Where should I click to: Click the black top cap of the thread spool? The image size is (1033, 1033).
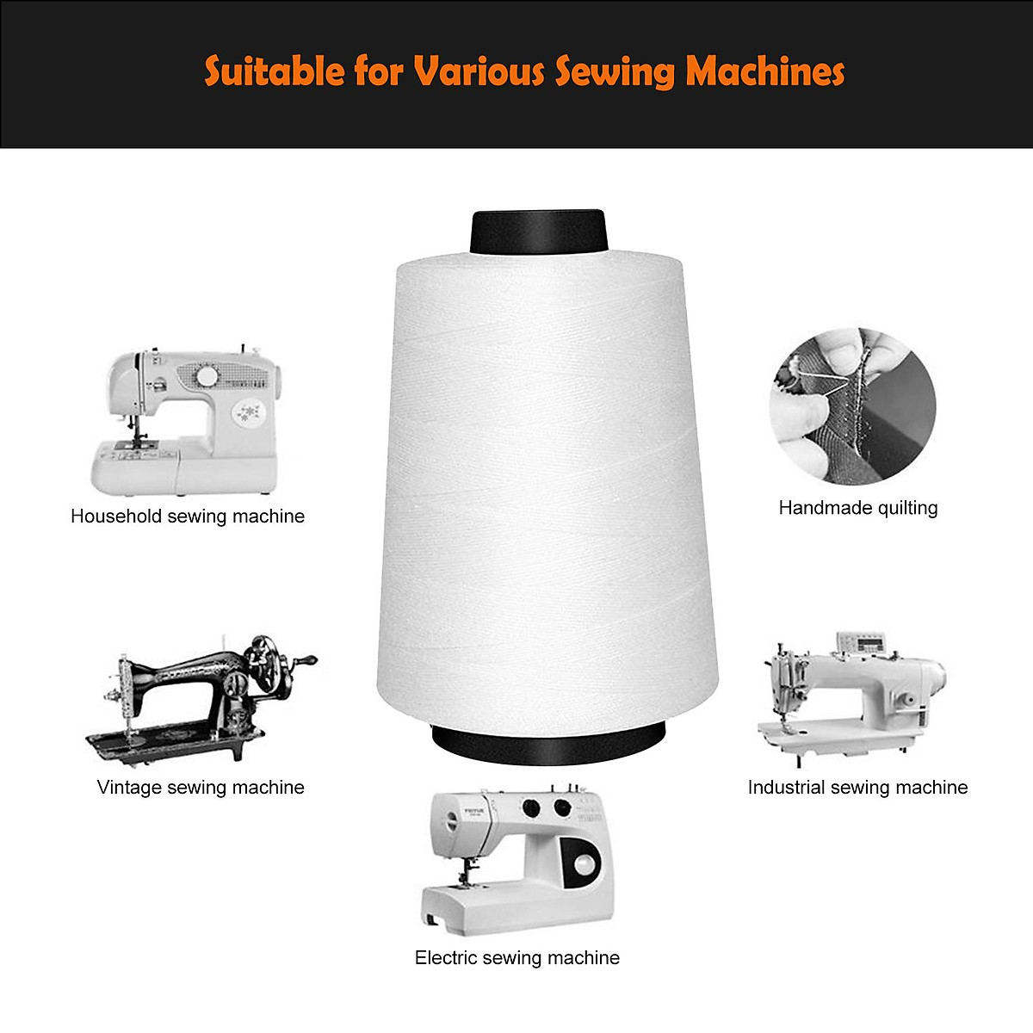[x=539, y=232]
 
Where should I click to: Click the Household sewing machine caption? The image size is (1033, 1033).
[x=188, y=516]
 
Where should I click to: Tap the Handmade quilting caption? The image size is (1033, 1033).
[x=857, y=508]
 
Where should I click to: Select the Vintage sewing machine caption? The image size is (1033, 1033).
[x=201, y=788]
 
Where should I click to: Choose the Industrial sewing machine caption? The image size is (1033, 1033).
[x=857, y=788]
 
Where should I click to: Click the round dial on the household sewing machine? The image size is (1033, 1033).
[x=207, y=376]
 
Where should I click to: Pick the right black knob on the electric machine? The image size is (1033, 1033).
[x=563, y=807]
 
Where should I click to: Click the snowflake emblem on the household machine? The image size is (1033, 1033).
[x=250, y=411]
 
